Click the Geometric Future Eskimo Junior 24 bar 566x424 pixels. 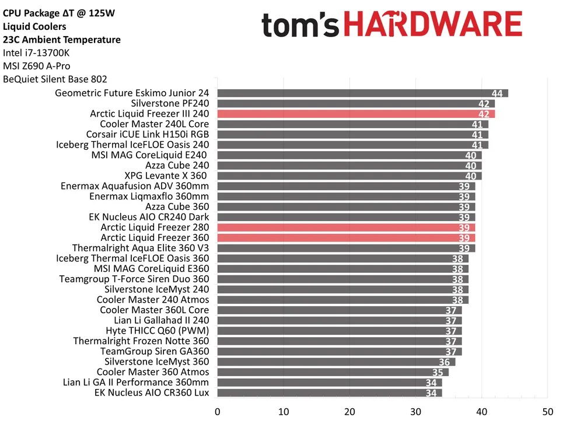(362, 93)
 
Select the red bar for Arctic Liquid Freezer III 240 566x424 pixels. (355, 114)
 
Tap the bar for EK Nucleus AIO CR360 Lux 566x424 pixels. (329, 393)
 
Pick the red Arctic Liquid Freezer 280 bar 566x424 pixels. (345, 227)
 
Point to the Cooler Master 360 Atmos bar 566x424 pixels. (332, 372)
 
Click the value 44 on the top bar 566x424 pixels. (497, 94)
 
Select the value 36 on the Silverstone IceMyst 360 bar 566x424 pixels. (444, 362)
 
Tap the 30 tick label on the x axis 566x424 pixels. (415, 411)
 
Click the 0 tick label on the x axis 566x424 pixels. (218, 411)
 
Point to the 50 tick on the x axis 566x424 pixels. (547, 411)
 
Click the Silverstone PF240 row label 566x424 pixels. (170, 103)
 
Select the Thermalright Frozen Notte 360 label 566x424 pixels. (141, 341)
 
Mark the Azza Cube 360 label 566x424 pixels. (177, 206)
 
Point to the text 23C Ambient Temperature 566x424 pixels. (61, 40)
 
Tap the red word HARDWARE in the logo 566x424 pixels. (432, 24)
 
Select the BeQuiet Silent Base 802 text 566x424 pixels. (55, 79)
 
